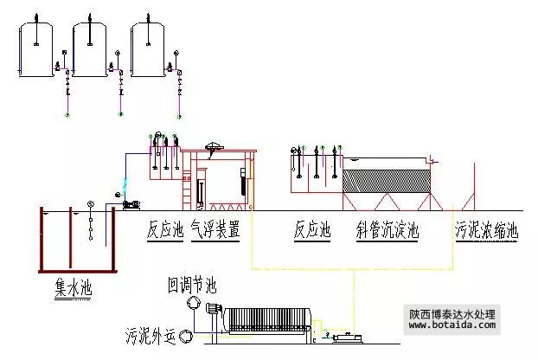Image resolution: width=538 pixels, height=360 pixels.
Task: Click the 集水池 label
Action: click(72, 286)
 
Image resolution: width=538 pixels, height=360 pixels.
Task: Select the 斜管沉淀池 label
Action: click(387, 230)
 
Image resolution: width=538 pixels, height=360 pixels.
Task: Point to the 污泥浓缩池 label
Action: click(486, 230)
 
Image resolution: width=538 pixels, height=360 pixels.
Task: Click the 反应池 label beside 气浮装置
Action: click(164, 230)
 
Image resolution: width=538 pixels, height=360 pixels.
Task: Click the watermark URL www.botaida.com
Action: click(452, 327)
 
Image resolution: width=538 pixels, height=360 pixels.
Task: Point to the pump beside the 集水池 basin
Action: click(131, 204)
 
